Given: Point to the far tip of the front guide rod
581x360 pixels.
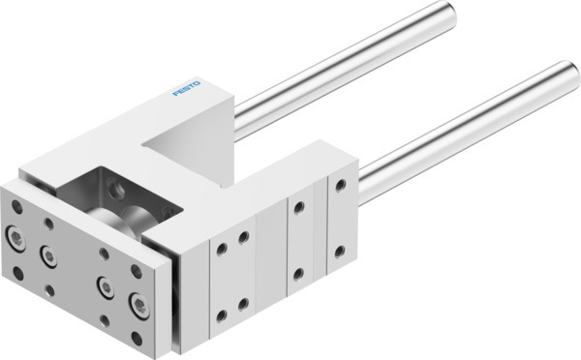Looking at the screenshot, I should point(568,75).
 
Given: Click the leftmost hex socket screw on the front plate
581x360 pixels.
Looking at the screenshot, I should point(17,234).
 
